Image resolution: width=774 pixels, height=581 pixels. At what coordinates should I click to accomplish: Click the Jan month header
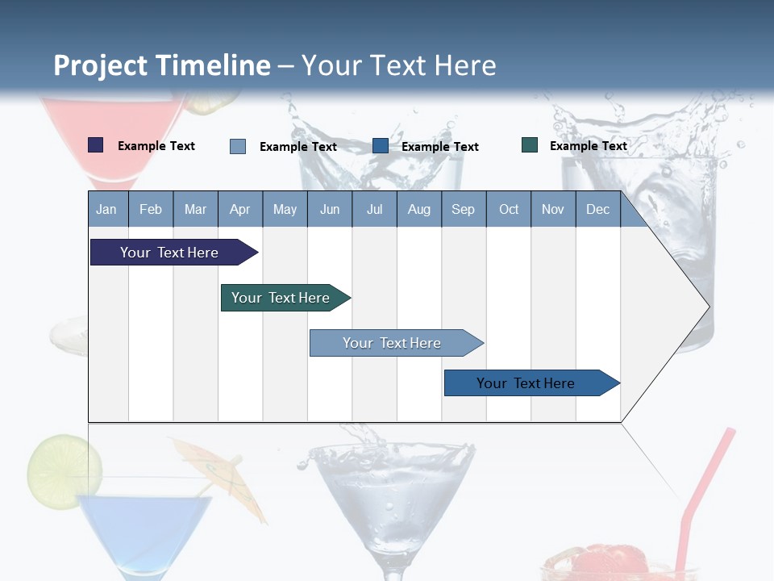[x=106, y=209]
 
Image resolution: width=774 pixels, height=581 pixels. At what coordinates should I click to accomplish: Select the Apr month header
[x=239, y=209]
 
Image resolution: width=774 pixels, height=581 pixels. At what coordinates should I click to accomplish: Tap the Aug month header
[x=418, y=209]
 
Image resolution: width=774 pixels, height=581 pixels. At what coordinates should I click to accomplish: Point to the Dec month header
[x=597, y=209]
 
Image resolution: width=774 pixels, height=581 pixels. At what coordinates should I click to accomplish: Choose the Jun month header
[x=329, y=209]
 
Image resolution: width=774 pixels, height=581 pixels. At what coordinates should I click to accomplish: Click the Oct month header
[x=508, y=209]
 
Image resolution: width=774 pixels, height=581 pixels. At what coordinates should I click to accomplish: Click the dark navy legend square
[x=95, y=145]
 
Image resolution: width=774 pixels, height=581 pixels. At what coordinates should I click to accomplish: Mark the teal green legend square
[x=530, y=145]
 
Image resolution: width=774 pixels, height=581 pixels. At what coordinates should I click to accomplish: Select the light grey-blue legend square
[x=237, y=146]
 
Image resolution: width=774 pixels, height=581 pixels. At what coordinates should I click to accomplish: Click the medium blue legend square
[x=381, y=146]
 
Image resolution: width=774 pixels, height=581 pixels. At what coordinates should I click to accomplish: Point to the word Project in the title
[x=100, y=65]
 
